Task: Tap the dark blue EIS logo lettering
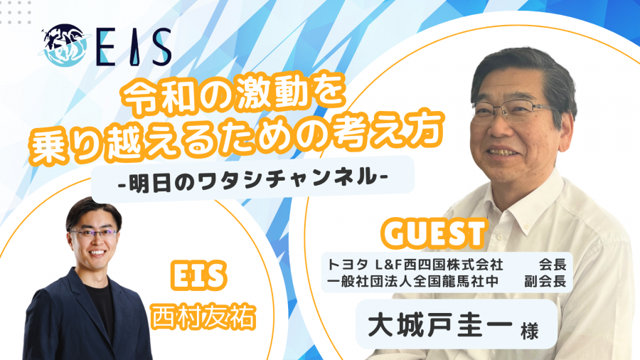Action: [x=134, y=48]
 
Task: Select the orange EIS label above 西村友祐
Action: [x=198, y=276]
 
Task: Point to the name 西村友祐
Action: [x=203, y=317]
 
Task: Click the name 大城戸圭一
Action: [x=440, y=325]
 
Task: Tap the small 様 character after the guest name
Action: [x=529, y=330]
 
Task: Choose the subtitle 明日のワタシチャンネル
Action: [x=252, y=179]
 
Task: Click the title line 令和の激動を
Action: [x=234, y=97]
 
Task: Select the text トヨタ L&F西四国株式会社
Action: [x=415, y=265]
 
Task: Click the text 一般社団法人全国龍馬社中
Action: [x=412, y=282]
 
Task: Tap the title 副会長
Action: [x=545, y=282]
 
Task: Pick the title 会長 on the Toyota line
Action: [x=553, y=265]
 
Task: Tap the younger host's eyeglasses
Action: [x=94, y=234]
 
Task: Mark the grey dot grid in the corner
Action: [x=16, y=12]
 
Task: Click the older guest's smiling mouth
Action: [x=503, y=153]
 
